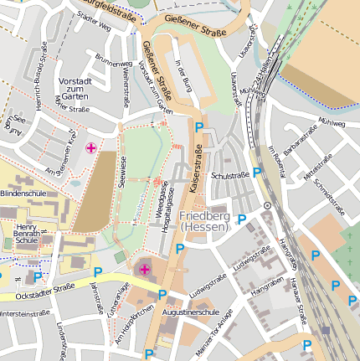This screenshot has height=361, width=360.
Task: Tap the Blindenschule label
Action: point(23,193)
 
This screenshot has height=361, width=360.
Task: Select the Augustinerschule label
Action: point(192,312)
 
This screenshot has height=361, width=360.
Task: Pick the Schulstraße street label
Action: point(230,176)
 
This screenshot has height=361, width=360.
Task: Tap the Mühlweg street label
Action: point(332,123)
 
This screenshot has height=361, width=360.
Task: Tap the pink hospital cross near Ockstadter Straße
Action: point(145,269)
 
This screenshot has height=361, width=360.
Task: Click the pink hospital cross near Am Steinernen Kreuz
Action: point(90,148)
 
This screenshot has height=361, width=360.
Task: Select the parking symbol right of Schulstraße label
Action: point(257,173)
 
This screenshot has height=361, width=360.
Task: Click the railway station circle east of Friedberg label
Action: point(267,205)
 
